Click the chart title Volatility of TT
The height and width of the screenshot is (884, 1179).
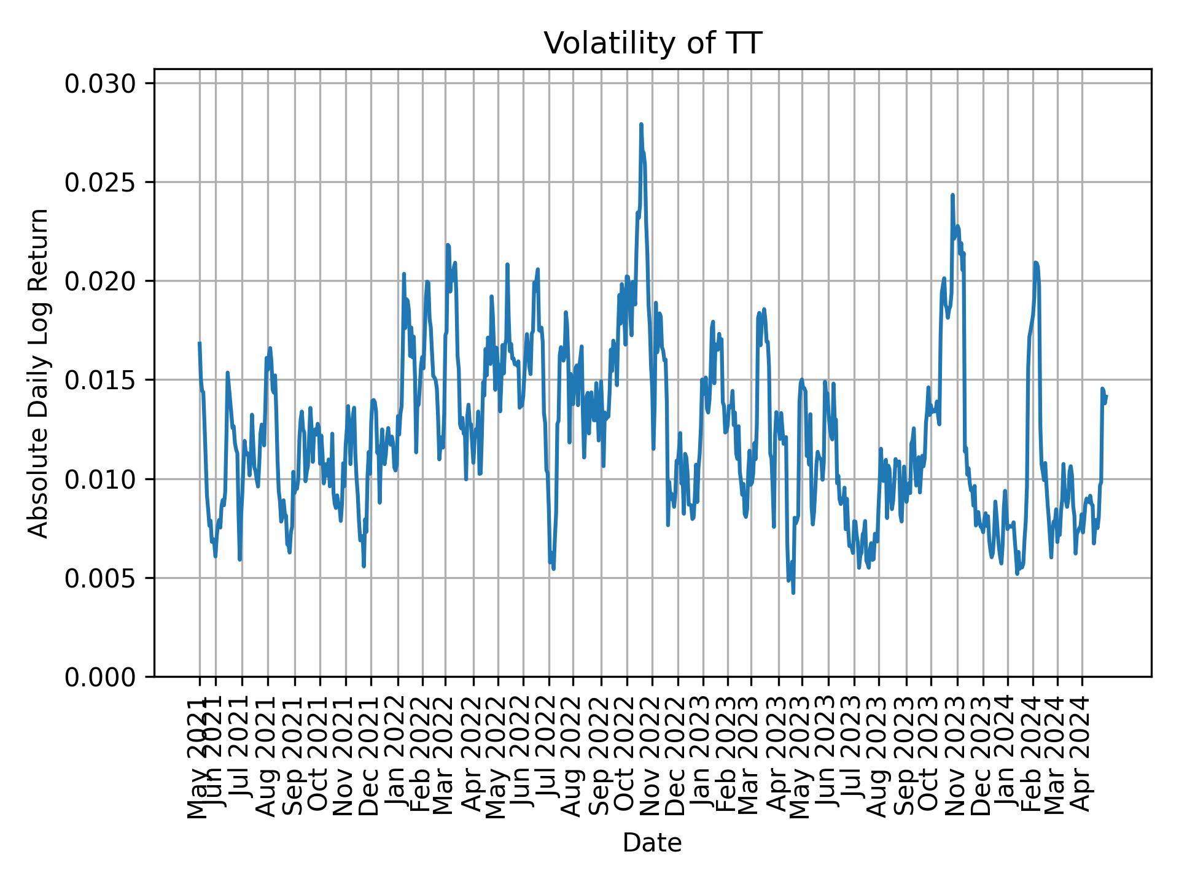click(x=652, y=44)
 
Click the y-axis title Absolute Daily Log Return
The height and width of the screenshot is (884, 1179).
click(x=39, y=373)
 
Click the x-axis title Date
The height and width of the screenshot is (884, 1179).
click(x=652, y=843)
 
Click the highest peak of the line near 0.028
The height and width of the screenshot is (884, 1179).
click(x=641, y=125)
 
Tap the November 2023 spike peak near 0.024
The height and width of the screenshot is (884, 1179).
click(x=952, y=195)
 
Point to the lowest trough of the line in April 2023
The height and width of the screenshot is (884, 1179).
click(x=793, y=592)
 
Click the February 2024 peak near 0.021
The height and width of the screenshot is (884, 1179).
click(x=1035, y=263)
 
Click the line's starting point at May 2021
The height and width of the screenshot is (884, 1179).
click(x=200, y=343)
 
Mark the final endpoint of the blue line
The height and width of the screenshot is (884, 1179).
click(x=1106, y=397)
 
